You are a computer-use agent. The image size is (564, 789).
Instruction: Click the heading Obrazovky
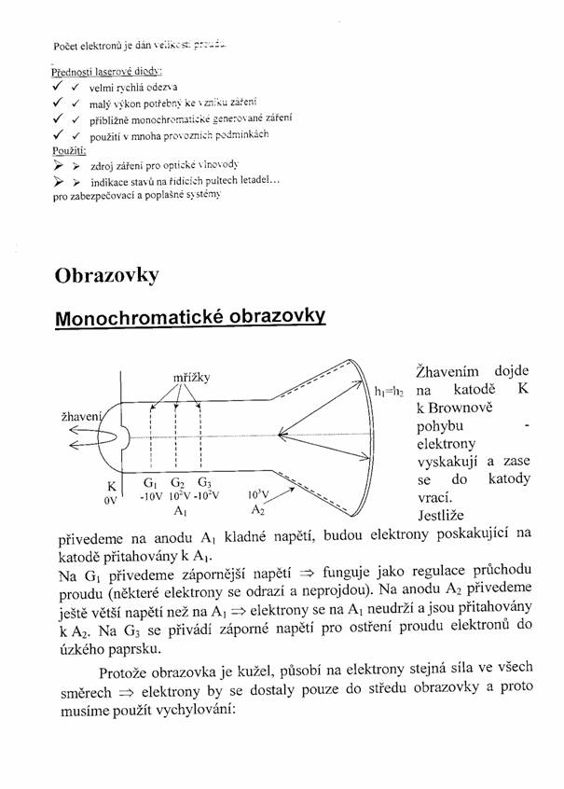(x=106, y=275)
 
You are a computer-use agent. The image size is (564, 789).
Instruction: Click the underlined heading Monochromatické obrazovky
(x=190, y=317)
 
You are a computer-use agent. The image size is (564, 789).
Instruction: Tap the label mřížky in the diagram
(x=191, y=376)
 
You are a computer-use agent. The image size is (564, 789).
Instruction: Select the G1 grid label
(x=150, y=483)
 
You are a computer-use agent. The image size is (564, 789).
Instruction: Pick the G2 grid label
(x=177, y=483)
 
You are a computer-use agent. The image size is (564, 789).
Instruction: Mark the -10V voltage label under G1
(x=151, y=496)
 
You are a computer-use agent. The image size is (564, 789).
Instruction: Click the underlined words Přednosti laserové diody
(x=107, y=71)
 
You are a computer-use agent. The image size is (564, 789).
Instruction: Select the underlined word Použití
(x=70, y=149)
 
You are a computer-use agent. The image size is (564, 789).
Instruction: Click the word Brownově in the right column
(x=454, y=409)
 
